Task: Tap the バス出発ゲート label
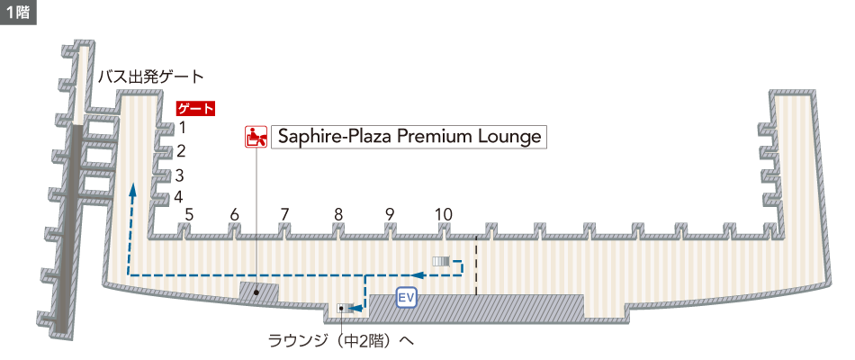coord(151,76)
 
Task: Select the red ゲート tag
coord(196,109)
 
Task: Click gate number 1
coord(181,128)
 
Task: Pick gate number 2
coord(181,151)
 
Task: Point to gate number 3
coord(180,175)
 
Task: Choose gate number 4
coord(179,196)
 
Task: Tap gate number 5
coord(189,214)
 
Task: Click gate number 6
coord(234,214)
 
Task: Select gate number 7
coord(284,214)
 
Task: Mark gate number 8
coord(338,214)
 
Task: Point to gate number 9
coord(390,214)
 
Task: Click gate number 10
coord(443,214)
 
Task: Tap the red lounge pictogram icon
coord(256,137)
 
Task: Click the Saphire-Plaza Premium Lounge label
coord(409,137)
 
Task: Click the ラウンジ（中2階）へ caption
coord(340,341)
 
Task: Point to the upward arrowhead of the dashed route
coord(131,190)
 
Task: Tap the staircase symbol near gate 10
coord(441,261)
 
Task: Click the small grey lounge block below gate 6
coord(258,292)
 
